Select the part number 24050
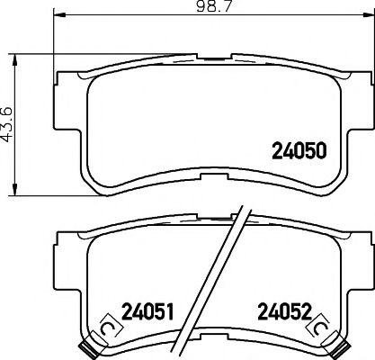pos(297,152)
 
